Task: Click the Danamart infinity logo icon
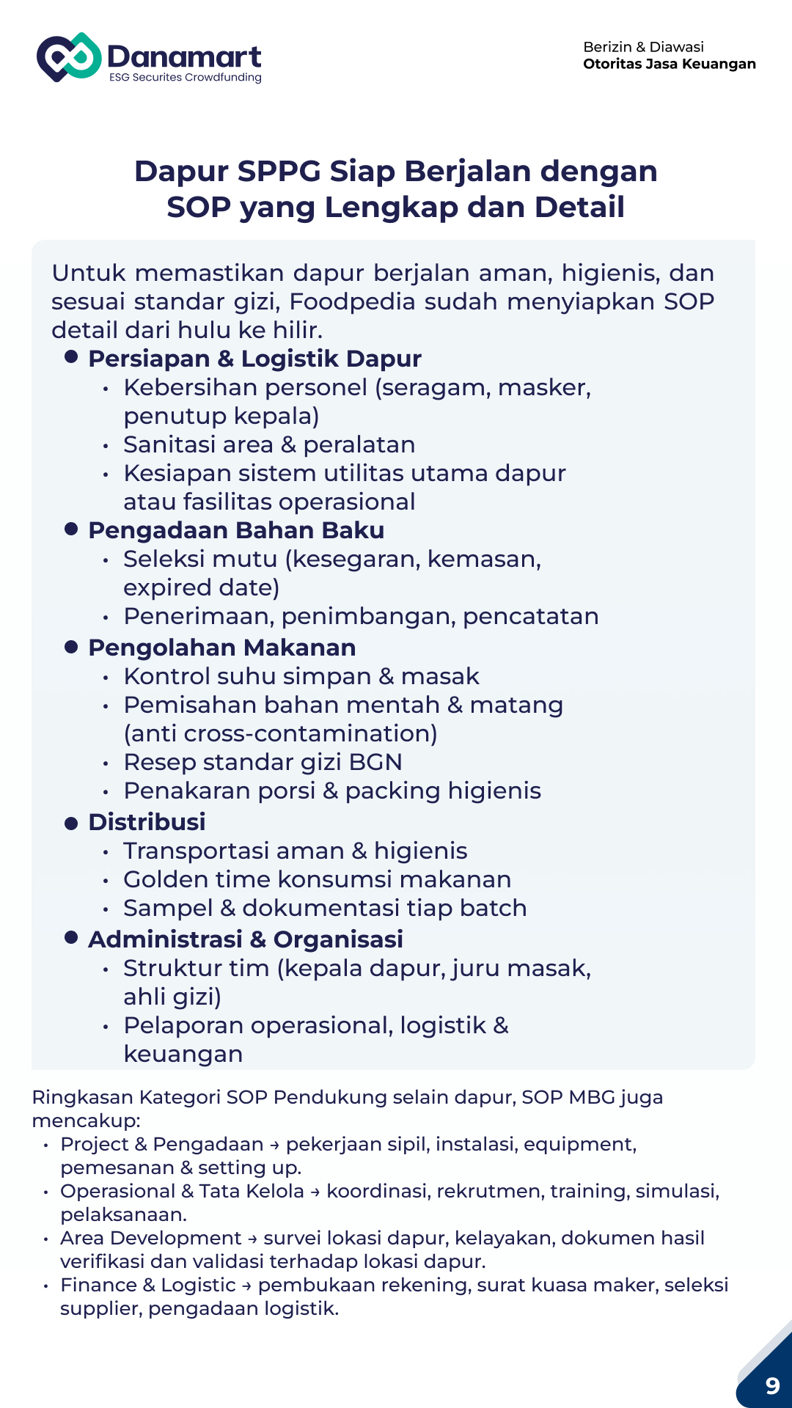tap(69, 57)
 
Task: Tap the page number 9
tap(772, 1385)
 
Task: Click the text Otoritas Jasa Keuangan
tap(669, 64)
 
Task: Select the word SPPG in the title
tap(279, 171)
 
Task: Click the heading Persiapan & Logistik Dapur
tap(254, 359)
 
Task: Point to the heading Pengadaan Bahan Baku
tap(235, 530)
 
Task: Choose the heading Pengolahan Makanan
tap(221, 648)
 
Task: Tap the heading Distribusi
tap(147, 822)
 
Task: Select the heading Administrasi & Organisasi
tap(245, 939)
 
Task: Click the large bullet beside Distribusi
tap(71, 823)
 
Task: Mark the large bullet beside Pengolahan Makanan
tap(71, 647)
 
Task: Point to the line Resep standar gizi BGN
tap(263, 762)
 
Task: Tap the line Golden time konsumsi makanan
tap(317, 879)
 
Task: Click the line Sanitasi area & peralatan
tap(269, 444)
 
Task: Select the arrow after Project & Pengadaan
tap(274, 1145)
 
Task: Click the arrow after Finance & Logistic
tap(246, 1286)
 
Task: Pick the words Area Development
tap(150, 1238)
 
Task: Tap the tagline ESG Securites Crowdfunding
tap(185, 78)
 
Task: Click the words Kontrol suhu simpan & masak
tap(301, 676)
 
